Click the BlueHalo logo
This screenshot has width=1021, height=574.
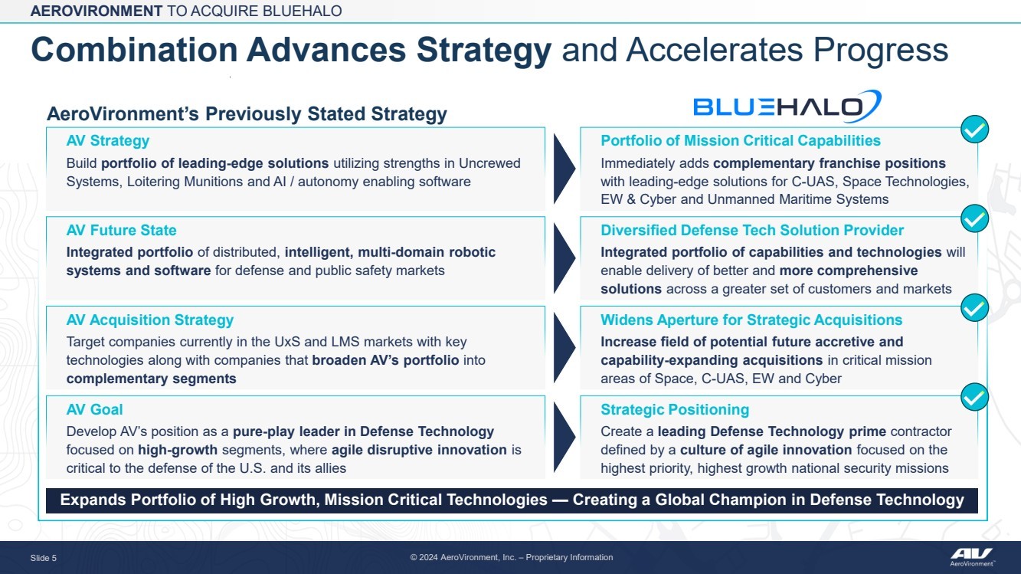(787, 107)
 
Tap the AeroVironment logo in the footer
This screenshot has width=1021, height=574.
(972, 556)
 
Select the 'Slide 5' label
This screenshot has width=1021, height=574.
(44, 558)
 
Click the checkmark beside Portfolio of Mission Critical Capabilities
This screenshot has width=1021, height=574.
(974, 130)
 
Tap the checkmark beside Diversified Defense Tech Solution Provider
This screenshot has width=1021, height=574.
(974, 219)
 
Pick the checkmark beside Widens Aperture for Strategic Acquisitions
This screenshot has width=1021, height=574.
(974, 308)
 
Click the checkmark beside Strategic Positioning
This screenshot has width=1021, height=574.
(974, 397)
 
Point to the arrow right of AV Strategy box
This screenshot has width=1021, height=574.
(564, 169)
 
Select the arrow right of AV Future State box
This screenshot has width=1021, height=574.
(564, 258)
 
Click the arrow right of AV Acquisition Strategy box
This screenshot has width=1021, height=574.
(564, 347)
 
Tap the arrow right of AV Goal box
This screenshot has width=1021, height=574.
(564, 437)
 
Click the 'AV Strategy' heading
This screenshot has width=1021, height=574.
(107, 141)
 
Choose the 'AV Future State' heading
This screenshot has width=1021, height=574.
(121, 230)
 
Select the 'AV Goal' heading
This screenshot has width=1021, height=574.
(94, 409)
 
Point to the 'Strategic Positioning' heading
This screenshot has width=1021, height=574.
(675, 410)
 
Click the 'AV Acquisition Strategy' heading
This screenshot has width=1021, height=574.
(150, 320)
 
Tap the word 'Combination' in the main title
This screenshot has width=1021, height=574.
(135, 50)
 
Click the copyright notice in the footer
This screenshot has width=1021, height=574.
(512, 557)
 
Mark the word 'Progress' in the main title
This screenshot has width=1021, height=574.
(881, 51)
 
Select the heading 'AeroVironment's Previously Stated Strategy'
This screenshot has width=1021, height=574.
(247, 114)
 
